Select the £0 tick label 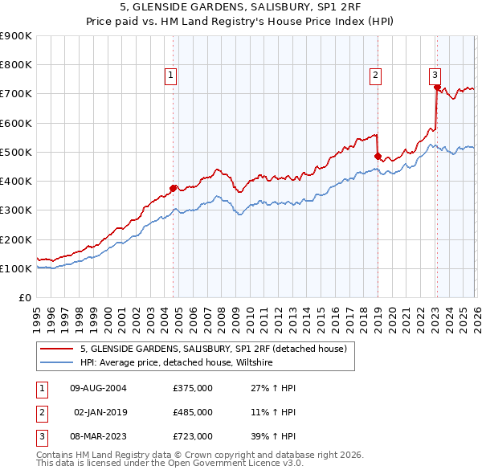pos(25,298)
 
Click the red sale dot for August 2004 pos(173,189)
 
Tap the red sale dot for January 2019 pos(378,157)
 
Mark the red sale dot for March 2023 pos(437,88)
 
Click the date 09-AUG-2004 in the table pos(98,388)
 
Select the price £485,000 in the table pos(193,412)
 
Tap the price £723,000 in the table pos(193,436)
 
